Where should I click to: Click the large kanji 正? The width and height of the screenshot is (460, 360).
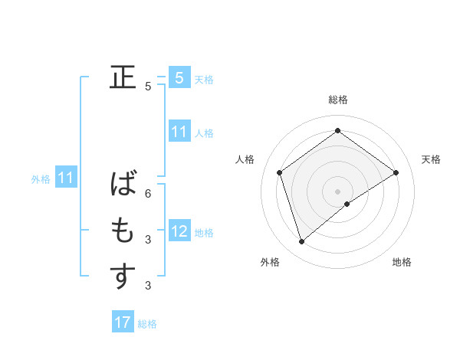pos(123,77)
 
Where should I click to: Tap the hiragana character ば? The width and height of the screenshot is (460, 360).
pos(123,185)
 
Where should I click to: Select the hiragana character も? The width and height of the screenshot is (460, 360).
pos(123,231)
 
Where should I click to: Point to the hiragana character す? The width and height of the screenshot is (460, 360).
pos(123,277)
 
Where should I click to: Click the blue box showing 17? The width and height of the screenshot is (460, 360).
pos(123,322)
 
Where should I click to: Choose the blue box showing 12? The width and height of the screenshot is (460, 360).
pos(179,231)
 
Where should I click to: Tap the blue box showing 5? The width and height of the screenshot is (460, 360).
pos(179,78)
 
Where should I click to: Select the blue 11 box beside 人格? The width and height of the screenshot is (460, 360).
pos(179,132)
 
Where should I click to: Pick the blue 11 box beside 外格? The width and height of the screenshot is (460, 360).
pos(66,178)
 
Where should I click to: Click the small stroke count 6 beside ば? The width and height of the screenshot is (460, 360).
pos(148,194)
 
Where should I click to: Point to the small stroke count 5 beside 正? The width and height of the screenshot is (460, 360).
pos(148,87)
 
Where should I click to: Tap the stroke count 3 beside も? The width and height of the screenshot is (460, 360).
pos(148,240)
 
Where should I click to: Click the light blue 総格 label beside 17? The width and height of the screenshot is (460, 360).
pos(147,324)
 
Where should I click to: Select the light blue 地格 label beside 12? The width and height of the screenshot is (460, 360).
pos(204,232)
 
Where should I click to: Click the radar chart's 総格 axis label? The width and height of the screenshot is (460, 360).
pos(338,100)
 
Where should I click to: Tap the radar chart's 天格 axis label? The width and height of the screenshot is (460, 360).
pos(432,159)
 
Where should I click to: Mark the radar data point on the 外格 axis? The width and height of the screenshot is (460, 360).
pos(302,242)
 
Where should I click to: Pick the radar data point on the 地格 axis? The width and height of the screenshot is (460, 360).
pos(347,204)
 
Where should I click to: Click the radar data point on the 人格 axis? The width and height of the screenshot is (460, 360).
pos(280,172)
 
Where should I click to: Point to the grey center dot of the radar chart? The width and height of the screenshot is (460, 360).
pos(338,191)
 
